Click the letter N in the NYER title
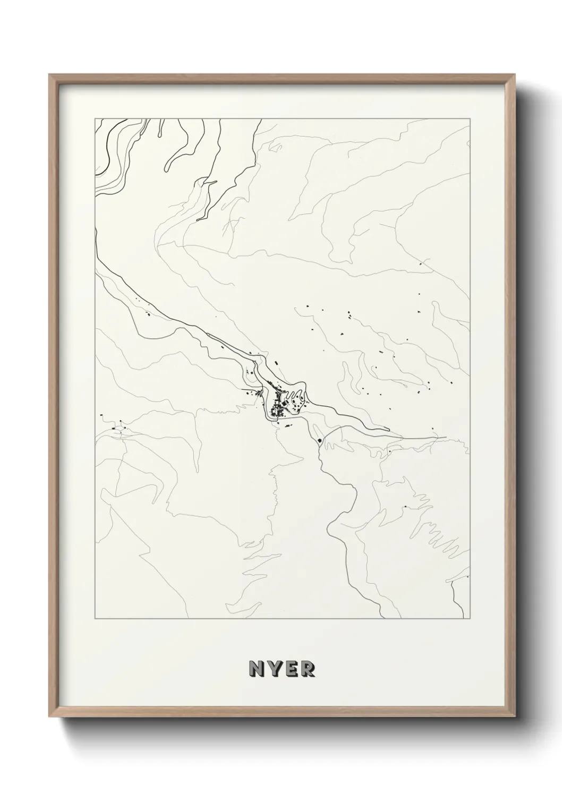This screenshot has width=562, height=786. click(255, 668)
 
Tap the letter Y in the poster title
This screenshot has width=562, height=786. click(274, 668)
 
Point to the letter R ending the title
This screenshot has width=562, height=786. click(308, 668)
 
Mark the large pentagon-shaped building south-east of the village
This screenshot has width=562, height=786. click(319, 440)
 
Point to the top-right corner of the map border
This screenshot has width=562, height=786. click(470, 119)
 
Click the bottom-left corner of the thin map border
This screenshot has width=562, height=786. click(95, 619)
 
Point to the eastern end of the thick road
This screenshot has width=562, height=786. click(445, 438)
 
